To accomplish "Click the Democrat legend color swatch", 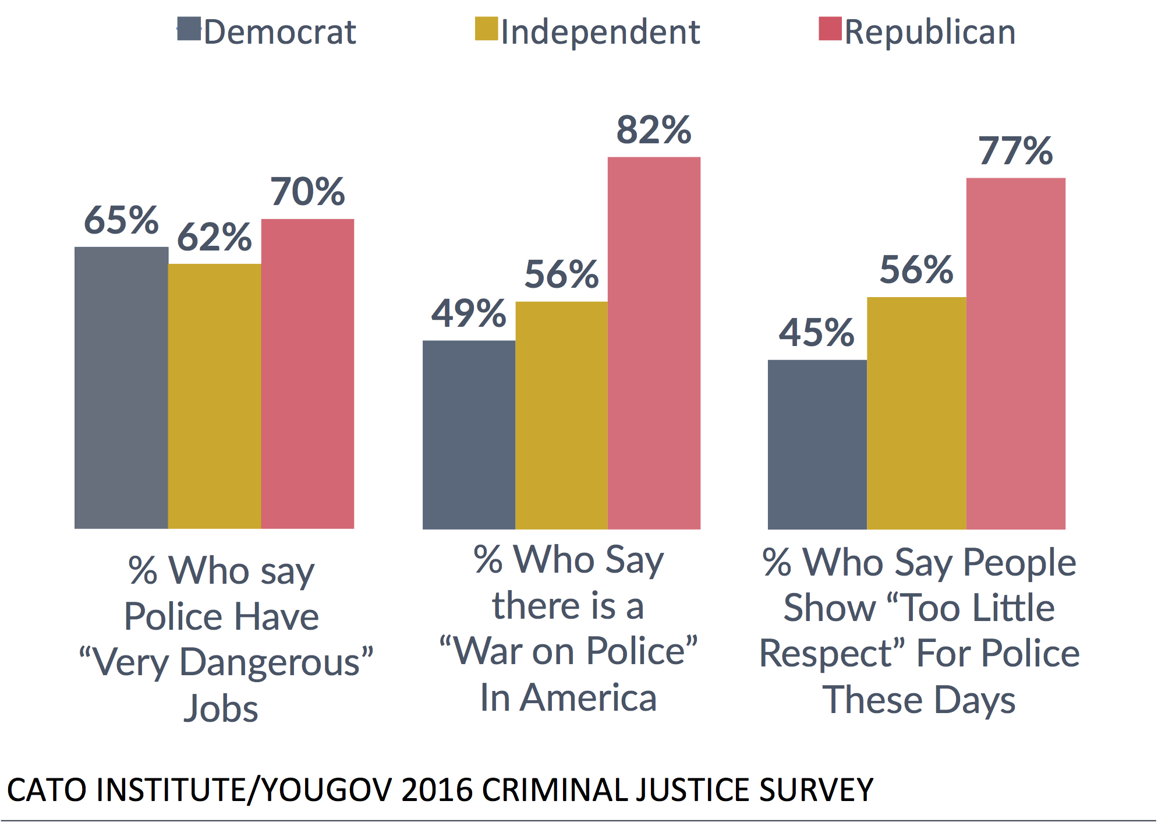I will (x=189, y=29).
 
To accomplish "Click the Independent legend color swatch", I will (x=486, y=29).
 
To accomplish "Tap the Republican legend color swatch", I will (x=830, y=29).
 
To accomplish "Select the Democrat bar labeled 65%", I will (x=121, y=387).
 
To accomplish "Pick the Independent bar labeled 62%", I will (x=214, y=396).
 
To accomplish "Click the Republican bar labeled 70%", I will (x=307, y=373).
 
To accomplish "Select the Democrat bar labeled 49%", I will (x=469, y=435).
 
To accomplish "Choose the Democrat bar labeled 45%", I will (x=817, y=445).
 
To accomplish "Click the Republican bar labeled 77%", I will (x=1015, y=353).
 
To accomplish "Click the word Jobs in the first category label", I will (x=221, y=708).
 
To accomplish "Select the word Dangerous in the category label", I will (x=270, y=663).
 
